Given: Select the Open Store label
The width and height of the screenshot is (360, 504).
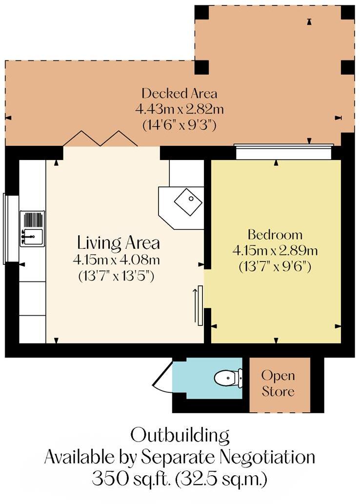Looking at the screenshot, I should click(278, 383).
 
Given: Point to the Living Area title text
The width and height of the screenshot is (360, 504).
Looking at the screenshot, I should click(119, 242).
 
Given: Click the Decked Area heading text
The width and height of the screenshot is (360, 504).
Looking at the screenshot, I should click(179, 93).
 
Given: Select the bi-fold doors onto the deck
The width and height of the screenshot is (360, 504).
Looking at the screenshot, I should click(100, 138).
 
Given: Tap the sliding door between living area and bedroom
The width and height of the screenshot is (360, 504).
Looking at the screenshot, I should click(199, 305).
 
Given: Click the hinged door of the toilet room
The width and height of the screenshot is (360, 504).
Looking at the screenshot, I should click(163, 379).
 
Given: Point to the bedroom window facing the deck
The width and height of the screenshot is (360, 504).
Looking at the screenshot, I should click(283, 152).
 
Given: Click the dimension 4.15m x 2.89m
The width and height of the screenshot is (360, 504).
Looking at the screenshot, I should click(275, 251).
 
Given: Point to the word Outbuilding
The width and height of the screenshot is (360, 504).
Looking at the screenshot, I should click(180, 434).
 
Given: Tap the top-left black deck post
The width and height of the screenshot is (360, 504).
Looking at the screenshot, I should click(201, 13).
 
